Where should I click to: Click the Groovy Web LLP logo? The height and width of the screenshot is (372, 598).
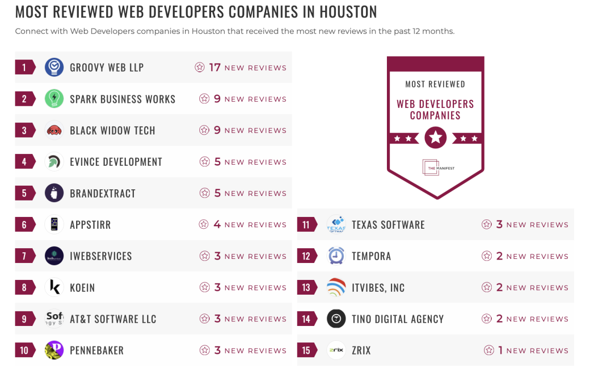pos(54,68)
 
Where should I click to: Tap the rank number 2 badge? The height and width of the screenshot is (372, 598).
pos(24,99)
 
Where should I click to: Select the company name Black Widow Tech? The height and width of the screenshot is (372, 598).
pos(112,130)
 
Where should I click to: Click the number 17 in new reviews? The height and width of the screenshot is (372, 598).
pos(215,68)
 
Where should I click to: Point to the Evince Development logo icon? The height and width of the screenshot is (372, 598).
pos(54,162)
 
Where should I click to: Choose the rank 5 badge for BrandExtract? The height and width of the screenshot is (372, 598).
pos(24,193)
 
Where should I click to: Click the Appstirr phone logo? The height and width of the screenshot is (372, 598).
pos(54,225)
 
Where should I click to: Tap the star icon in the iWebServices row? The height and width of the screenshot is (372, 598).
pos(204,256)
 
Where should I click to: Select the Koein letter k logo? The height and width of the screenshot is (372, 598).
pos(54,288)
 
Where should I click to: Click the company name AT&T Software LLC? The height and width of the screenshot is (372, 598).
pos(113,319)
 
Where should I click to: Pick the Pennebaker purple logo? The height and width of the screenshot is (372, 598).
pos(54,351)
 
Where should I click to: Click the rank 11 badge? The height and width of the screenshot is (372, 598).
pos(306,225)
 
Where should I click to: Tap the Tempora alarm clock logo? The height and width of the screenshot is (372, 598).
pos(336,256)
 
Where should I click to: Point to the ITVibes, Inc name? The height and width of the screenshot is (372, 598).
pos(378,288)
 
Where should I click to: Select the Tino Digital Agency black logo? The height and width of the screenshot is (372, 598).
pos(336,319)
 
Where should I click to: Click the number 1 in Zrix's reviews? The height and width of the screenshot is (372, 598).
pos(500,351)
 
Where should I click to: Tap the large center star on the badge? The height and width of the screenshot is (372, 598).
pos(435,137)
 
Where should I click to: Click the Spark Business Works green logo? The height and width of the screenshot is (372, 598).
pos(54,99)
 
